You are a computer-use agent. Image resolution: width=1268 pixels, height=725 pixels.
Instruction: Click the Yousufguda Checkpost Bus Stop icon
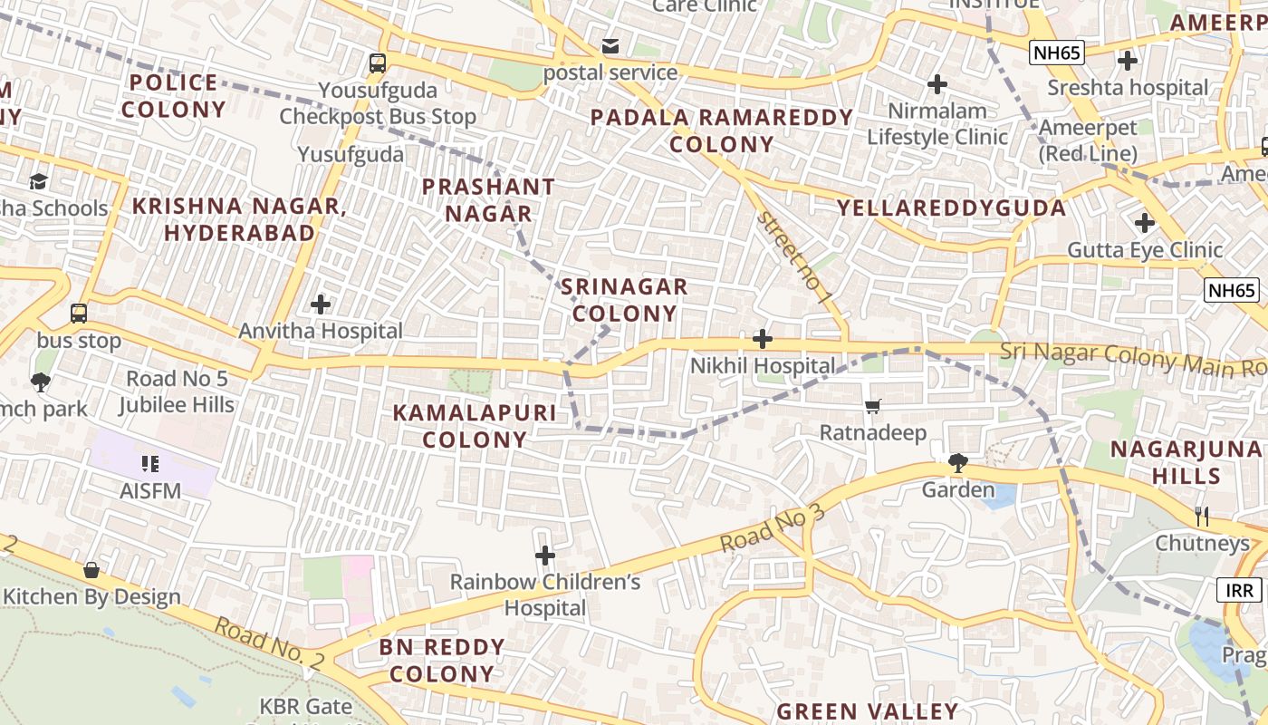click(378, 63)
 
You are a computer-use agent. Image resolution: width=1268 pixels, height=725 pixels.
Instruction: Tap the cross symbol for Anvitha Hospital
click(321, 304)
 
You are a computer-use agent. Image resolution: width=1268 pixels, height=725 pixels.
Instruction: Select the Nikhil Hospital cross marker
click(763, 339)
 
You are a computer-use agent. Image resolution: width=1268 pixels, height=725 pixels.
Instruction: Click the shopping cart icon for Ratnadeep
click(872, 406)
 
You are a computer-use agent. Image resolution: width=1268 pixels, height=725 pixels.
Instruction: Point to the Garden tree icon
click(957, 463)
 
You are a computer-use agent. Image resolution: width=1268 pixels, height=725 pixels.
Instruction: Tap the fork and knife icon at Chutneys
click(1202, 516)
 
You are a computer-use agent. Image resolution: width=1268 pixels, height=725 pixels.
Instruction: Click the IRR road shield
click(1240, 591)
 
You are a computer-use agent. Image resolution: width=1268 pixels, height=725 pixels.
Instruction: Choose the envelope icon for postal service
click(610, 46)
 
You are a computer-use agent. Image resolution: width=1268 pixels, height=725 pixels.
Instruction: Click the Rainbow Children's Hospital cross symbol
click(544, 555)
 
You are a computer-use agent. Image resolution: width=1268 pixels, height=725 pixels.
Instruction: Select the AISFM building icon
click(150, 464)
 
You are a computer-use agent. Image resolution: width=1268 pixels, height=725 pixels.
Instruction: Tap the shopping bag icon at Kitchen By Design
click(91, 570)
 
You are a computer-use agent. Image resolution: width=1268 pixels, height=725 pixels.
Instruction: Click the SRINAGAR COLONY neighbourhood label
click(624, 300)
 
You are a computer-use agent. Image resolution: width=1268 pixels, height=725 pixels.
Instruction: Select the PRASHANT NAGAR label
click(488, 200)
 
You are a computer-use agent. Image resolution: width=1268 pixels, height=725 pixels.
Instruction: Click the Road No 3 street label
click(773, 528)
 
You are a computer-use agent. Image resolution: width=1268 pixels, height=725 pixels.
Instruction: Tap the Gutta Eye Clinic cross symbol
click(1145, 222)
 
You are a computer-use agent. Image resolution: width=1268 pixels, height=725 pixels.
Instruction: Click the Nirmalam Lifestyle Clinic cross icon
click(937, 84)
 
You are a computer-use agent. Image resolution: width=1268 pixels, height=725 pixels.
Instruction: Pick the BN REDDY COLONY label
click(442, 660)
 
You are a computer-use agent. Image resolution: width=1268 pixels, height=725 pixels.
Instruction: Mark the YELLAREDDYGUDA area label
click(951, 208)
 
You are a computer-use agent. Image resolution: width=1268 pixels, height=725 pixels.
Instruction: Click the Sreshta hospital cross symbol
click(1128, 61)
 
